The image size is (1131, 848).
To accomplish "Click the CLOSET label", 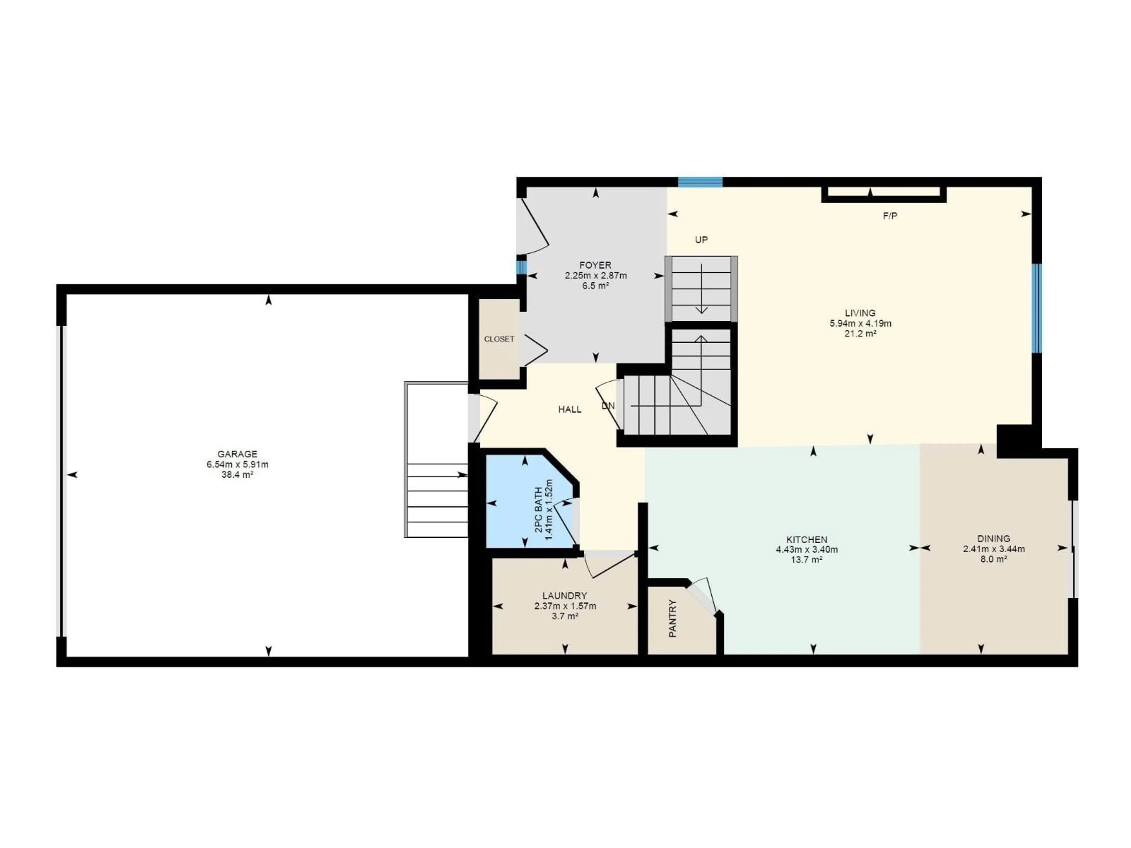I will [x=499, y=339].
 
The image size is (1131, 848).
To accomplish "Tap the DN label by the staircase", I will [x=608, y=406].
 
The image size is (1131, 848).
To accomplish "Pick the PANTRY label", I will [x=673, y=619].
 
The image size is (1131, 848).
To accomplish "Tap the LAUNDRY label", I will [x=565, y=595].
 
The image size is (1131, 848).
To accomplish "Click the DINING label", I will [x=993, y=538].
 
